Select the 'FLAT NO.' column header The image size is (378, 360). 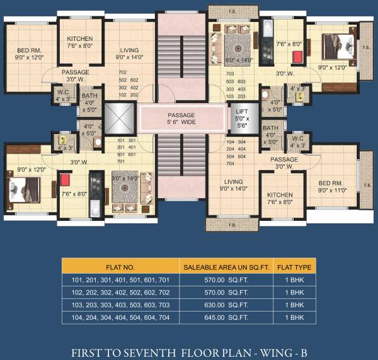120,266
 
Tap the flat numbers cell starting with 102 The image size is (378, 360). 120,292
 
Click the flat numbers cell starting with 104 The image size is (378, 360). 120,318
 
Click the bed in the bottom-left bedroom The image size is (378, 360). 23,188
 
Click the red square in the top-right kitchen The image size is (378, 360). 297,57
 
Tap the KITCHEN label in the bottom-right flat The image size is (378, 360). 279,198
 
